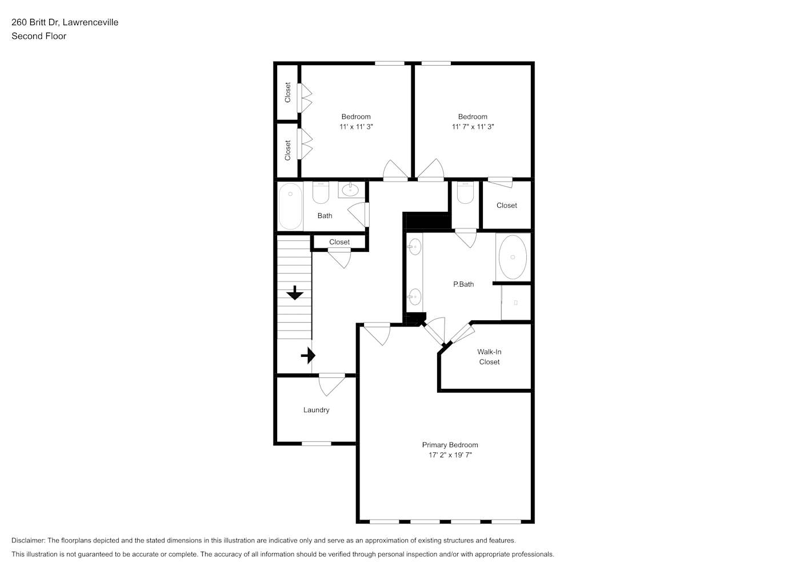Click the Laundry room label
pyautogui.click(x=316, y=410)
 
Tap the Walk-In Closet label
pyautogui.click(x=489, y=356)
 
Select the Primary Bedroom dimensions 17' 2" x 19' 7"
pyautogui.click(x=450, y=455)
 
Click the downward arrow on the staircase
pyautogui.click(x=295, y=293)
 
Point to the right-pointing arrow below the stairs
pyautogui.click(x=308, y=356)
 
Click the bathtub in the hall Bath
pyautogui.click(x=290, y=206)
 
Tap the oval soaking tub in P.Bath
pyautogui.click(x=513, y=257)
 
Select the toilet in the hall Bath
pyautogui.click(x=321, y=193)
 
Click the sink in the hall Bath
pyautogui.click(x=350, y=189)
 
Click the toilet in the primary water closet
pyautogui.click(x=465, y=193)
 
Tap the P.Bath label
pyautogui.click(x=463, y=284)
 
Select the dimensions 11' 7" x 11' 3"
pyautogui.click(x=473, y=127)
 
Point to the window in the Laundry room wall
pyautogui.click(x=317, y=444)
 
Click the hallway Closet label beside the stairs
pyautogui.click(x=339, y=242)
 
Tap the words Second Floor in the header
pyautogui.click(x=39, y=36)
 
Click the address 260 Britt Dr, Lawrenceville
pyautogui.click(x=65, y=22)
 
